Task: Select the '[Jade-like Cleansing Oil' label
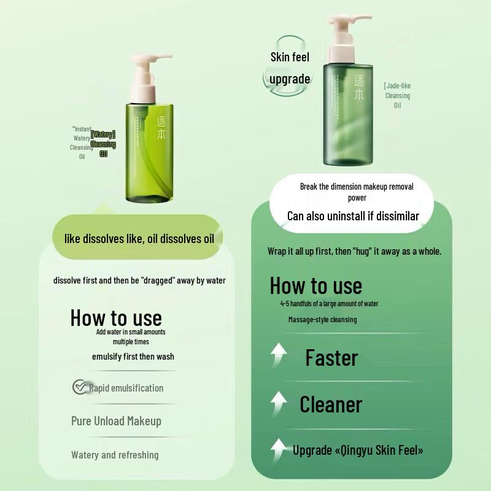pos(397,96)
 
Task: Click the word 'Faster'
pos(331,358)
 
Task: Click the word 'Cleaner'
pos(331,404)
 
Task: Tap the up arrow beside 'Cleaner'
pos(279,403)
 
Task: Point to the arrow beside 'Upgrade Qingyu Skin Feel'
pos(279,449)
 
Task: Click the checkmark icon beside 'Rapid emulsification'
pos(79,387)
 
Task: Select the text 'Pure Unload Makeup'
pos(116,421)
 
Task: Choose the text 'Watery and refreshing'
pos(115,455)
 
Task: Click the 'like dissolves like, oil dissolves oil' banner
pos(139,239)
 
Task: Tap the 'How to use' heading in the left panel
pos(116,318)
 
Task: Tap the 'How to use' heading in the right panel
pos(315,286)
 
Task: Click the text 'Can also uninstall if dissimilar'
pos(353,216)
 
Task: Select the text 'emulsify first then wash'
pos(133,357)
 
